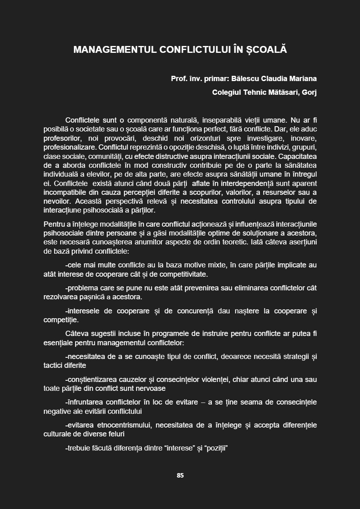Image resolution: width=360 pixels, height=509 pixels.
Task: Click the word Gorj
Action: (x=310, y=92)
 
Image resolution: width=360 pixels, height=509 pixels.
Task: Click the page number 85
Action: (x=180, y=475)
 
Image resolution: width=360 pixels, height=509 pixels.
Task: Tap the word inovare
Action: (x=303, y=138)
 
